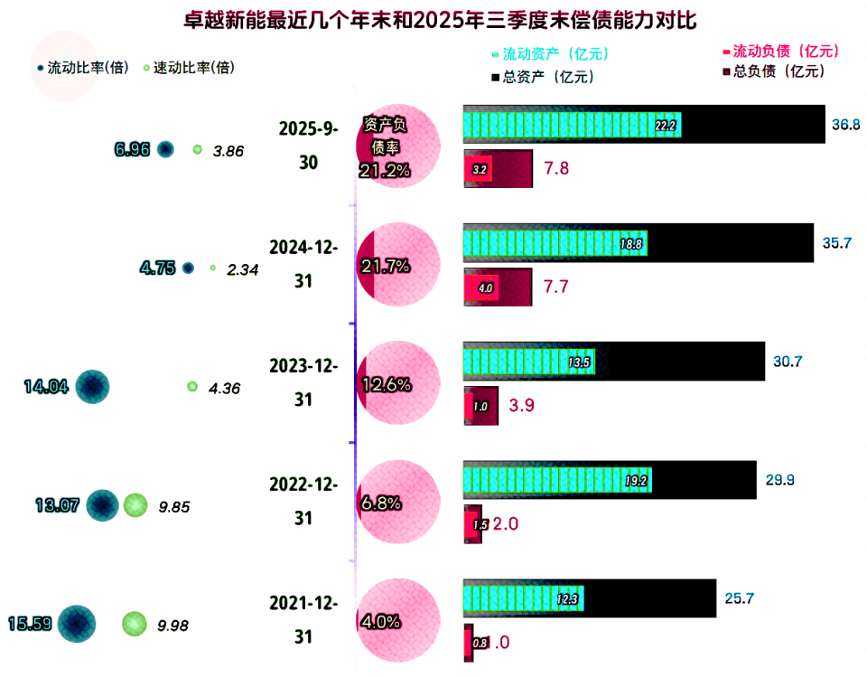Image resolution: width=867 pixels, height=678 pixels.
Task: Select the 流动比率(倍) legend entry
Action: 81,68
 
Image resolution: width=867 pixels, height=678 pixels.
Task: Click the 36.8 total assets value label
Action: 845,125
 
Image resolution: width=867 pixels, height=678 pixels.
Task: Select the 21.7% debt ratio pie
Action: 398,265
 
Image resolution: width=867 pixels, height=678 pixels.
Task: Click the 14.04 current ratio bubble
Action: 92,387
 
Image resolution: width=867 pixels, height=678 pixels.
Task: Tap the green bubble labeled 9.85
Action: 135,506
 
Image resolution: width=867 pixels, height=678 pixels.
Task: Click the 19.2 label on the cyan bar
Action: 637,481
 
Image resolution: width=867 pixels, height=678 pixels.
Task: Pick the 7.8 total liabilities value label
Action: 555,168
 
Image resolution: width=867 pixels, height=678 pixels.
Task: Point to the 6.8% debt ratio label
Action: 380,504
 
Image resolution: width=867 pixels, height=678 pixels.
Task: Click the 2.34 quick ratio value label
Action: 243,268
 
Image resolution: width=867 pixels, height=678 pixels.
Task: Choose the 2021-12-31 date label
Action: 303,619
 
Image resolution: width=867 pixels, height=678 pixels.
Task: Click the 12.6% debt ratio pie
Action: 398,385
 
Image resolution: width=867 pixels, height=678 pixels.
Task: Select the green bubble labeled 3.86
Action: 197,149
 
